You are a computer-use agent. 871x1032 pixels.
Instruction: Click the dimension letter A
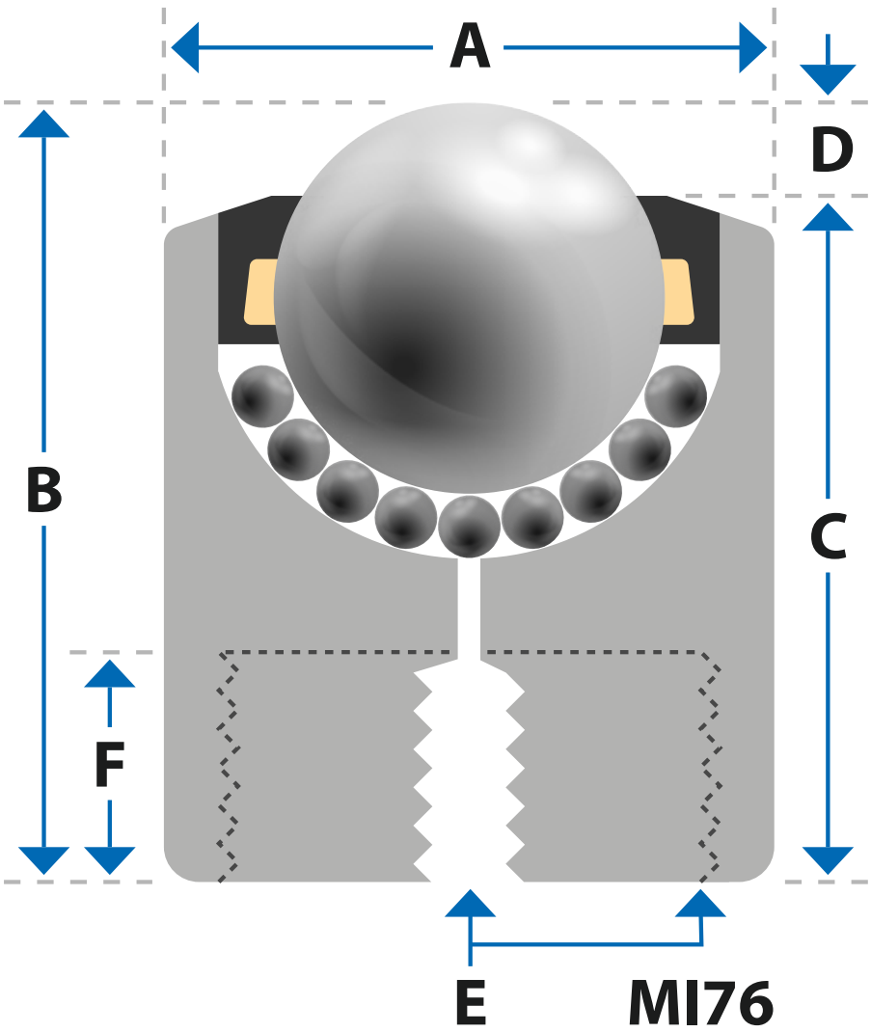point(470,46)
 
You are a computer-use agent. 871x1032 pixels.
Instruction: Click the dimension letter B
point(44,489)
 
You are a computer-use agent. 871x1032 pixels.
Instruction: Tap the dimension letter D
point(832,150)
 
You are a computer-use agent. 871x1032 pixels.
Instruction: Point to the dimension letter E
point(471,1002)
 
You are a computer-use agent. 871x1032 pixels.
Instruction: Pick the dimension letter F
point(109,764)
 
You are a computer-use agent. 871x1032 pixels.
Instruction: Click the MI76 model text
point(700,1002)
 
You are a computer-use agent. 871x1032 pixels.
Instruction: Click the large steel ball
point(469,297)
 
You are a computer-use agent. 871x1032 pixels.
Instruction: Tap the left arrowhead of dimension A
point(185,47)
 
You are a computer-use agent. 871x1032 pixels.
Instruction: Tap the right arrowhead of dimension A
point(752,47)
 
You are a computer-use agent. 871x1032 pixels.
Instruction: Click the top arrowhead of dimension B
point(44,123)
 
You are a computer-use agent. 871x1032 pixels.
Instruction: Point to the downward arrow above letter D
point(829,65)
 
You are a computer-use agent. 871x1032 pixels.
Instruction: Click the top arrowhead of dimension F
point(109,674)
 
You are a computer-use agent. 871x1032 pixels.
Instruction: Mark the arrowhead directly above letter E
point(470,904)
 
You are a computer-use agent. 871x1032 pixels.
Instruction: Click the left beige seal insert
point(260,292)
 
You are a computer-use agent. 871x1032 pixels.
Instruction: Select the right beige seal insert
point(677,292)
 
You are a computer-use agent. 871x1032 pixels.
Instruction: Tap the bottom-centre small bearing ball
point(469,527)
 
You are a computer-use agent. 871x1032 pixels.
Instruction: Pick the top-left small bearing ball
point(262,396)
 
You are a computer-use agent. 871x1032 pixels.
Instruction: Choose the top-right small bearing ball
point(675,396)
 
